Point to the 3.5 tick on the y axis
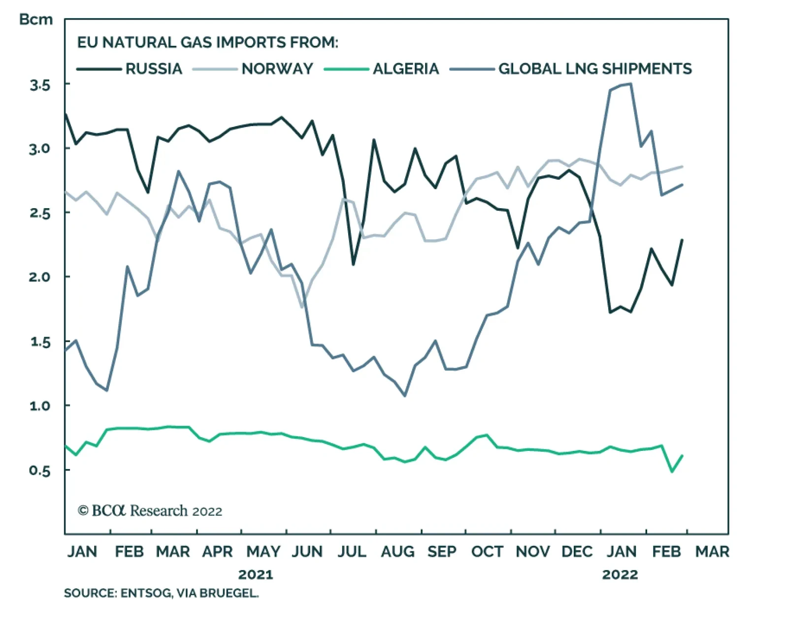[40, 85]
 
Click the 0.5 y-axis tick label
[40, 471]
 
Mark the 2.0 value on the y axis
[40, 277]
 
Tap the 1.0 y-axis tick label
[40, 406]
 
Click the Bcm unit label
[35, 20]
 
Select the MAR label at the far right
[712, 552]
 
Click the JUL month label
[352, 552]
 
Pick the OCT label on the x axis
[487, 552]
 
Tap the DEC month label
[577, 552]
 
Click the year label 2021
[255, 574]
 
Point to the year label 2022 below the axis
[620, 574]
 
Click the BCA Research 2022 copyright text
[150, 511]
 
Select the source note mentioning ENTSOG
[161, 593]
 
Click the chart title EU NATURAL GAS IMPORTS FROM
[207, 42]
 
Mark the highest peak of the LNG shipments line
[631, 84]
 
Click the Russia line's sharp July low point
[353, 264]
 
